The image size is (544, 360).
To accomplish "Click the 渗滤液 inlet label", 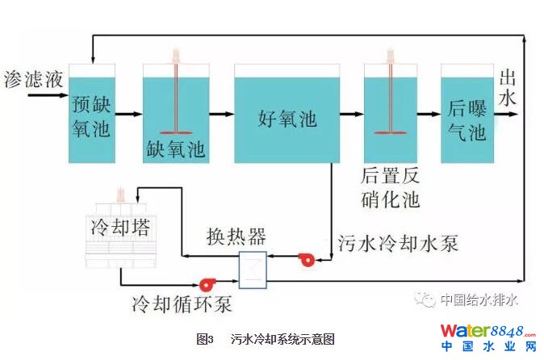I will pos(33,80).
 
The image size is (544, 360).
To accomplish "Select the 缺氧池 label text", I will pos(176,149).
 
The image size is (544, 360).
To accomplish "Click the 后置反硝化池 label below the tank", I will pos(391,186).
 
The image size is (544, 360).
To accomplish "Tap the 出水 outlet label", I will pos(508,88).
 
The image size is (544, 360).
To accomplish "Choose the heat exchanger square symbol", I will pos(253,270).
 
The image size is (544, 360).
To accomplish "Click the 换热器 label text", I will pos(236,237).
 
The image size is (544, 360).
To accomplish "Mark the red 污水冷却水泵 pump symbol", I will pos(307,259).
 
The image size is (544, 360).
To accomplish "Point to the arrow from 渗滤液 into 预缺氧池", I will pos(48,95).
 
